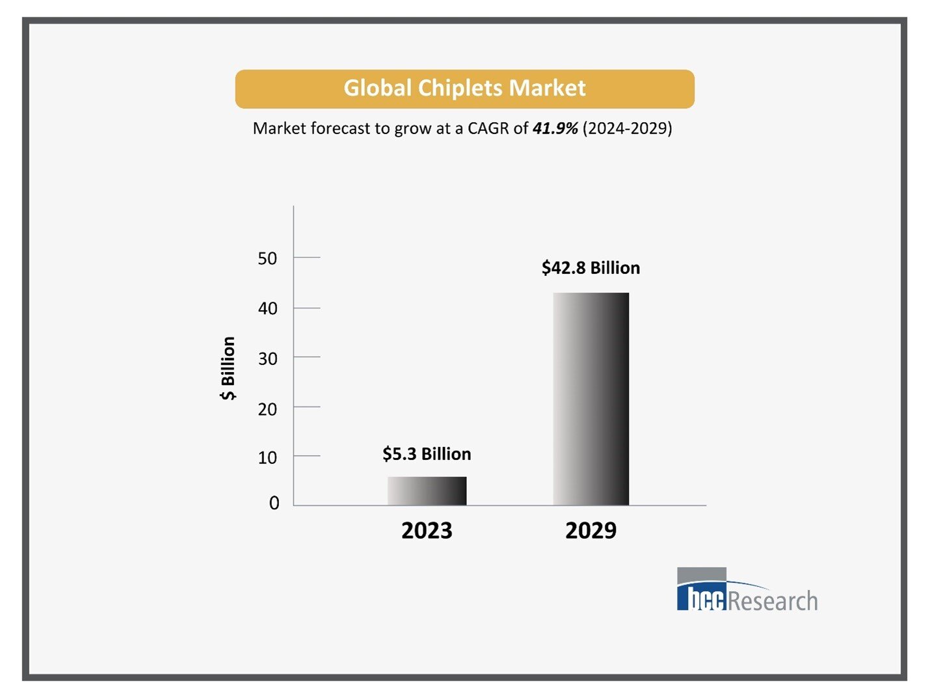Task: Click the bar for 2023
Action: click(x=427, y=491)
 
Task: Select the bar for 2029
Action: click(x=591, y=399)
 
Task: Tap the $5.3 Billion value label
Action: click(x=427, y=453)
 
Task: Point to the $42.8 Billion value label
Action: click(x=591, y=267)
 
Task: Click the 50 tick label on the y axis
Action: click(x=267, y=258)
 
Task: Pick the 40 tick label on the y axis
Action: click(x=267, y=308)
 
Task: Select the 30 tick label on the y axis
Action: click(x=267, y=358)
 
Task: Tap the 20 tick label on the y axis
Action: click(x=267, y=409)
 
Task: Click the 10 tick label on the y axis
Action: click(x=267, y=458)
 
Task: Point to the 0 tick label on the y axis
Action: click(x=274, y=503)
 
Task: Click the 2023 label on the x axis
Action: click(x=427, y=531)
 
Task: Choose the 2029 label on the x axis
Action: click(x=591, y=531)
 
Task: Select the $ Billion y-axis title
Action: click(x=228, y=368)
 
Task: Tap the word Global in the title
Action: click(x=377, y=88)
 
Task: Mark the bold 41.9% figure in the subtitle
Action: click(x=555, y=128)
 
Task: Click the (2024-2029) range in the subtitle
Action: click(x=627, y=128)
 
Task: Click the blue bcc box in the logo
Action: click(x=701, y=597)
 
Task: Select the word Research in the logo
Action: click(x=773, y=600)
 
